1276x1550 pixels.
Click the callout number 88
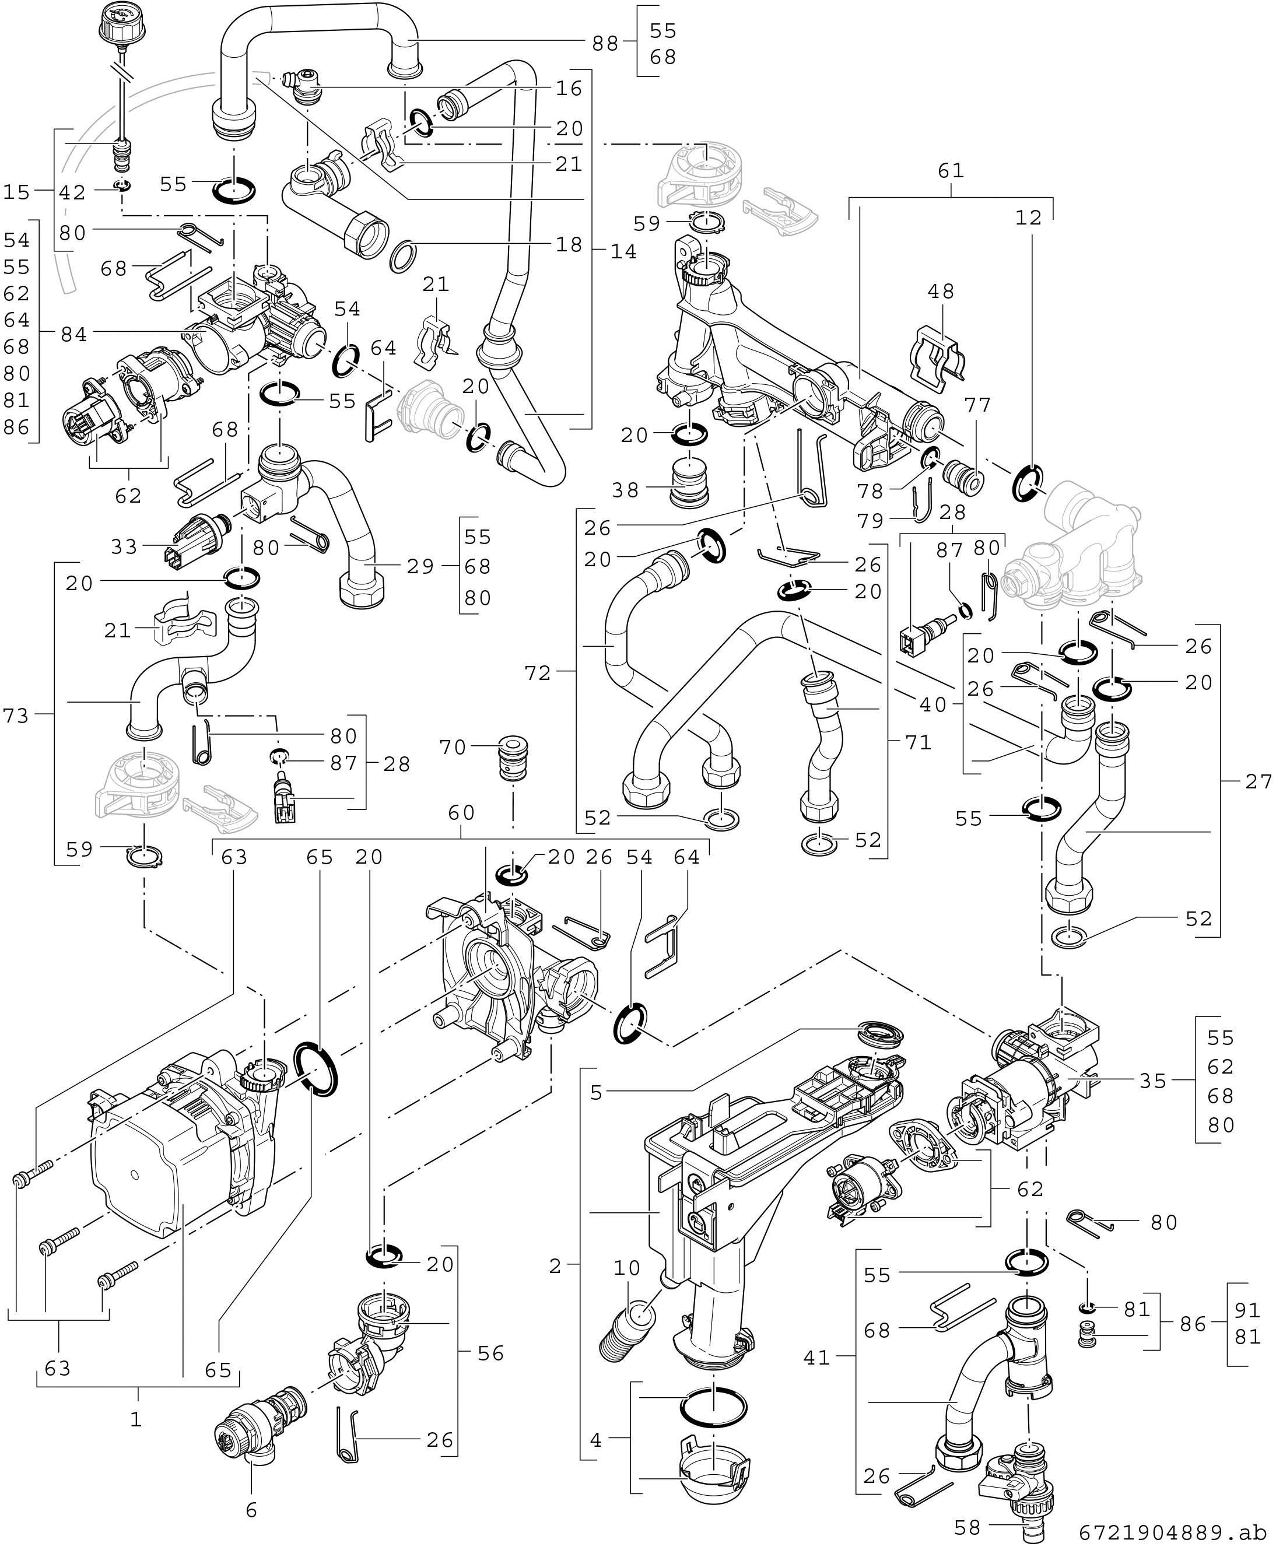[606, 43]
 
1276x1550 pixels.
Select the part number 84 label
[73, 334]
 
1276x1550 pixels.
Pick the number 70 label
[453, 748]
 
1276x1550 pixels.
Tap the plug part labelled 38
[689, 486]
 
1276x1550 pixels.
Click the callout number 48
[941, 291]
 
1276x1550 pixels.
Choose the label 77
[977, 405]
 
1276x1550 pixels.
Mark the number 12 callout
[1029, 218]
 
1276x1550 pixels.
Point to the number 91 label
[1247, 1310]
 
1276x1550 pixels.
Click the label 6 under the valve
[251, 1510]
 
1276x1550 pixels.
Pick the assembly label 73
[15, 714]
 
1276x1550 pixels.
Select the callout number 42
[73, 192]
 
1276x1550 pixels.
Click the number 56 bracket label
[490, 1353]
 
